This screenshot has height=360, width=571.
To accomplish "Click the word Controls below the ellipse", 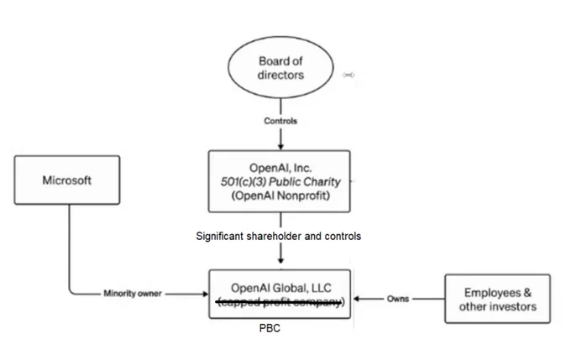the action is [280, 121].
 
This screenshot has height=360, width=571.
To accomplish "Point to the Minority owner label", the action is [133, 294].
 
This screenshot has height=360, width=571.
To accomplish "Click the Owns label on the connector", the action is [398, 299].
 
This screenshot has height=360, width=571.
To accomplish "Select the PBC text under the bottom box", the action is [270, 328].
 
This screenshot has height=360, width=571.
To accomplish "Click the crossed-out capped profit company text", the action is [280, 302].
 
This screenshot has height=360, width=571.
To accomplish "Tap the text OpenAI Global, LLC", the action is [281, 288].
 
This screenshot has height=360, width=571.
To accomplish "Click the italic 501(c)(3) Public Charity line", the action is [280, 181].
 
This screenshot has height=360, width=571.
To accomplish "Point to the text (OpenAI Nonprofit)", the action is [280, 196].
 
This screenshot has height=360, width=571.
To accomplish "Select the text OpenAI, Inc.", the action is [280, 168].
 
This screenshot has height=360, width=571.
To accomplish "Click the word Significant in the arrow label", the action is [220, 237].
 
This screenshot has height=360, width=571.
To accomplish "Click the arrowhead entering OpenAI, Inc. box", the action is [280, 146].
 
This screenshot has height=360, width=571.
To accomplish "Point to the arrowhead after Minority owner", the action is [206, 294].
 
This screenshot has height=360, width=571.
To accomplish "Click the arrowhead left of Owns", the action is [357, 299].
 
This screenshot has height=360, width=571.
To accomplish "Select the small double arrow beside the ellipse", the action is [348, 75].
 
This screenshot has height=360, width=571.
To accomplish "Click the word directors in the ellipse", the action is [280, 75].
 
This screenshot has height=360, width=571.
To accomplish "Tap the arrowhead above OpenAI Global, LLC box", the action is [280, 260].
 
